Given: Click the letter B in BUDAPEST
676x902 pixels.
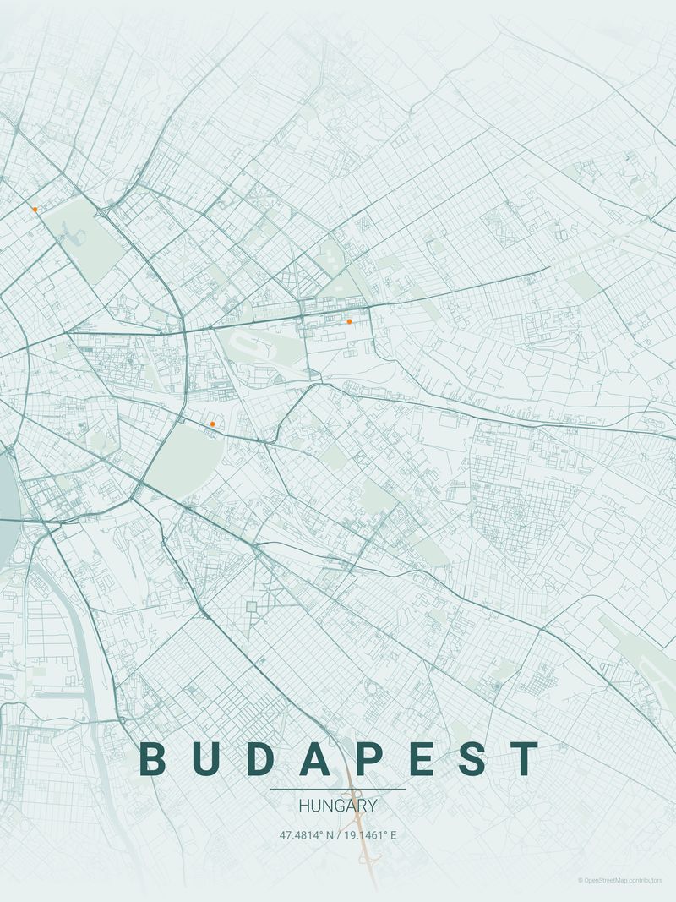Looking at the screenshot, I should pos(152,758).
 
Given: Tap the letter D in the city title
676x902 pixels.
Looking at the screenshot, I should pos(263,758).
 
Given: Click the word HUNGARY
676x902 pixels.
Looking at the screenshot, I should pos(338,806).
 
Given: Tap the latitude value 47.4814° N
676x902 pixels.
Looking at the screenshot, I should pos(306,835).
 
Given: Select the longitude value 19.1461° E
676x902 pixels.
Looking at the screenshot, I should pos(369,835).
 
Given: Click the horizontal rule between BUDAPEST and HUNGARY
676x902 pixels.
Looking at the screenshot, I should pos(338,790).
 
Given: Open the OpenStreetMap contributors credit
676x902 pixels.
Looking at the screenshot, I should pos(620,881).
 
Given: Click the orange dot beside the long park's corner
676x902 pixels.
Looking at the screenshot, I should pos(35,209).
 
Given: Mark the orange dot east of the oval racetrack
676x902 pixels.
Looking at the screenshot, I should pos(349,321).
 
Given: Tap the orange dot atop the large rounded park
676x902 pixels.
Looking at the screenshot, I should pos(212,424).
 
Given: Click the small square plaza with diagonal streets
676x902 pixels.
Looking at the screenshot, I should pos(251,606).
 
